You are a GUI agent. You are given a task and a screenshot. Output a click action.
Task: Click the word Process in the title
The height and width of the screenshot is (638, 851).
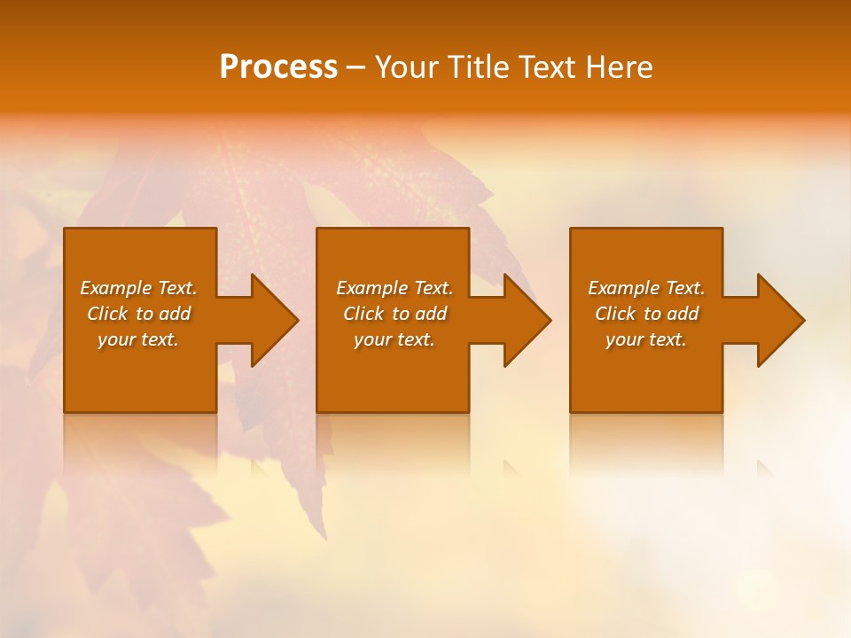(278, 67)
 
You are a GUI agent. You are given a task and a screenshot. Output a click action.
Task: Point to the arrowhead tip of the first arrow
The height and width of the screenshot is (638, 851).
(296, 320)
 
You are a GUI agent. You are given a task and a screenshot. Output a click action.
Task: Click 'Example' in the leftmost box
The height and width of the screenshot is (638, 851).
(115, 288)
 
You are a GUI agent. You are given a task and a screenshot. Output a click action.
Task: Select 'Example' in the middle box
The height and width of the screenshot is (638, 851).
(371, 288)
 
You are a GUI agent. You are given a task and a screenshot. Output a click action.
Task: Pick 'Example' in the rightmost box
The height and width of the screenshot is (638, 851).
(623, 288)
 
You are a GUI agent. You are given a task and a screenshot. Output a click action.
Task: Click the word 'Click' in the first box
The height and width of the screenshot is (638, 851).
(107, 314)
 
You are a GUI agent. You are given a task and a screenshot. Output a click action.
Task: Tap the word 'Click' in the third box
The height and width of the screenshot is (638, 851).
(615, 314)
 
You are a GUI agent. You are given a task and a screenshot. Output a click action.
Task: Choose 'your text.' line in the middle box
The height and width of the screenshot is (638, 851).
(394, 339)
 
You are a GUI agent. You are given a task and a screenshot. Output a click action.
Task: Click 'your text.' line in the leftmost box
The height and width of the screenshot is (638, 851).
(138, 339)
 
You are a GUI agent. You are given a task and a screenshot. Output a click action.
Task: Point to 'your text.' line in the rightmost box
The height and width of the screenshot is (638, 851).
(646, 339)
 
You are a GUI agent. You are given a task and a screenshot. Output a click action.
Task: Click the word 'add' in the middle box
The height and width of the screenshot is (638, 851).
(431, 314)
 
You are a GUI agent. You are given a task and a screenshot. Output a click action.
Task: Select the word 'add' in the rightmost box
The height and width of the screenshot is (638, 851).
(683, 314)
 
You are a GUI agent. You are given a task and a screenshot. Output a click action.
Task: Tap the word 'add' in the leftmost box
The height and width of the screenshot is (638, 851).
(175, 314)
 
